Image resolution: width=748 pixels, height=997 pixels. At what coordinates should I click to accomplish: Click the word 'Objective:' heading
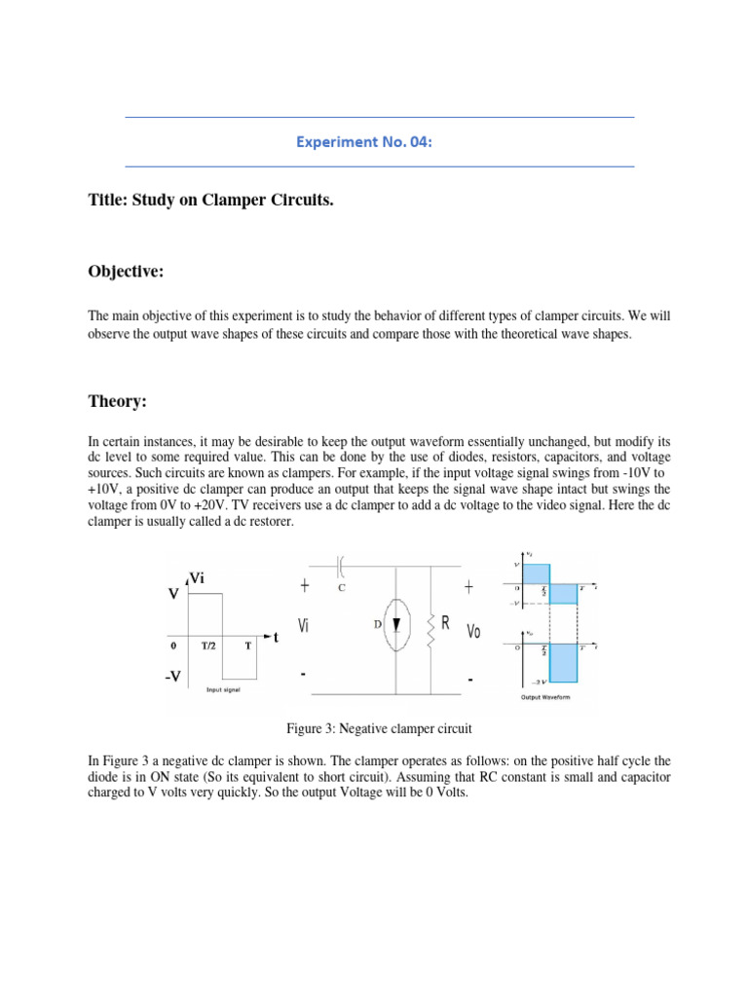click(x=126, y=273)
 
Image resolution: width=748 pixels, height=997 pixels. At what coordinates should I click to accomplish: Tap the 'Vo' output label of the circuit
click(x=474, y=631)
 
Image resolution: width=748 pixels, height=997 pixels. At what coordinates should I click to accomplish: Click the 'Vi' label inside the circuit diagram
click(x=305, y=626)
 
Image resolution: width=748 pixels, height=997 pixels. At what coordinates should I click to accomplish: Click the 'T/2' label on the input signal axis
click(x=209, y=646)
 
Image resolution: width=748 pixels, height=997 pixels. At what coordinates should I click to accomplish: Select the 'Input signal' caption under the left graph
click(x=223, y=690)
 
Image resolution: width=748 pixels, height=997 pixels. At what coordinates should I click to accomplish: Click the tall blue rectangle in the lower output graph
click(x=564, y=662)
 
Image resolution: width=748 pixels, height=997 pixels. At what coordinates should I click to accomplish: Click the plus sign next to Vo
click(x=468, y=587)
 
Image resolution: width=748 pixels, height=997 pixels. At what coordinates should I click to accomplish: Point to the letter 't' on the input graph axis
click(x=275, y=638)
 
